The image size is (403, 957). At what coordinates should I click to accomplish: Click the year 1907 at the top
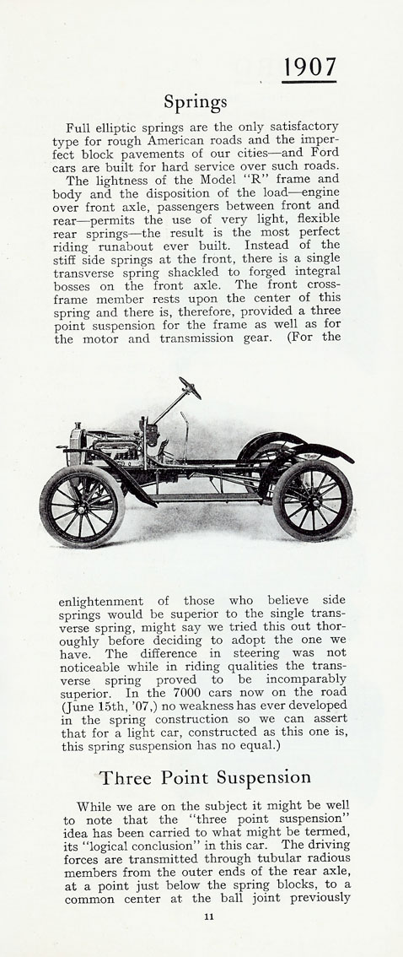(x=309, y=66)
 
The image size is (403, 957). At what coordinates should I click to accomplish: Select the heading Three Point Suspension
(x=205, y=776)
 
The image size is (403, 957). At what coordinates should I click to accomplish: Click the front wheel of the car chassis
(x=82, y=506)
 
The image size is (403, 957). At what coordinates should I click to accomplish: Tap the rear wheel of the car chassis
(x=312, y=500)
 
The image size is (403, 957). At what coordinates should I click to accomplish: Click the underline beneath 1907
(x=309, y=82)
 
